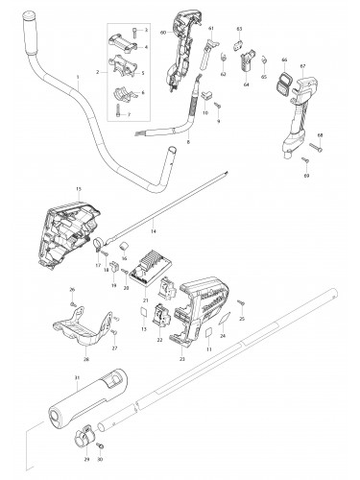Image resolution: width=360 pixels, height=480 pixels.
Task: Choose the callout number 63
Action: (239, 30)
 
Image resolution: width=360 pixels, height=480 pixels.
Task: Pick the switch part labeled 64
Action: (253, 65)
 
